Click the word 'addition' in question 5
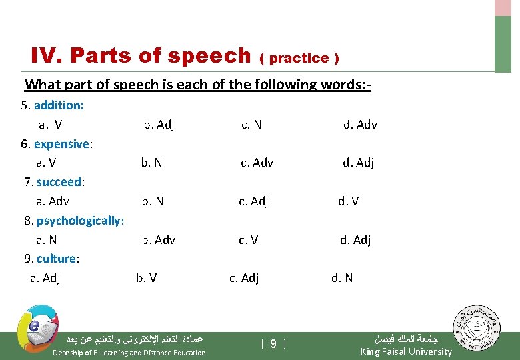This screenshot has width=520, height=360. [58, 105]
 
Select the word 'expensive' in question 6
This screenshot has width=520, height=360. [62, 144]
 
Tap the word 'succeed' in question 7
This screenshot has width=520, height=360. [59, 182]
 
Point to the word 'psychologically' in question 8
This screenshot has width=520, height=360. [79, 221]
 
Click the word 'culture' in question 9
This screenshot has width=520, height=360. [57, 259]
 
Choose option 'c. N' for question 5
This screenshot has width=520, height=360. [251, 125]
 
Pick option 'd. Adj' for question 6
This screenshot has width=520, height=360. [358, 163]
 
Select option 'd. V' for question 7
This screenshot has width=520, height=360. [348, 201]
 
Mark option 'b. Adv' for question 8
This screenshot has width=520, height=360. [158, 240]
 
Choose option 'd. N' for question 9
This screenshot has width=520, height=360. [343, 278]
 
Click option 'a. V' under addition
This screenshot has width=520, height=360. [50, 125]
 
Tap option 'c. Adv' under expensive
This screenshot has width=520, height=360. [257, 163]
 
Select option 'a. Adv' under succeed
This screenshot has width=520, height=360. [53, 201]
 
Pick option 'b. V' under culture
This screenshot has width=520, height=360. [147, 278]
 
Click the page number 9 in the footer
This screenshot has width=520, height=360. [273, 345]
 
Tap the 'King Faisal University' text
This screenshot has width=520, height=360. [405, 351]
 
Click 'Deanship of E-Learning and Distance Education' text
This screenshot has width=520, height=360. [129, 353]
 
